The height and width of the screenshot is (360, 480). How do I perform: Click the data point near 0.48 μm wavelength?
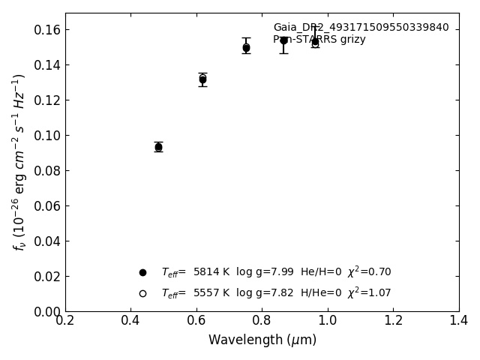click(x=158, y=147)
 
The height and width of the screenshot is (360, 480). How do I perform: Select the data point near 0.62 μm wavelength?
click(x=202, y=79)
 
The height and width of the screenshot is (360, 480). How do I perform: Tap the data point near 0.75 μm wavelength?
click(x=246, y=47)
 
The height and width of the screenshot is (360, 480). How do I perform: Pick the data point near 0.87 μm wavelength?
click(x=283, y=40)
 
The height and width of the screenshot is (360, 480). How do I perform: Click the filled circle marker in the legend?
click(x=142, y=272)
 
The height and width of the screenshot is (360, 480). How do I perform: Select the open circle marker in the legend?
click(x=142, y=293)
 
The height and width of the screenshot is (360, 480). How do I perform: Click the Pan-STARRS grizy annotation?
click(x=319, y=40)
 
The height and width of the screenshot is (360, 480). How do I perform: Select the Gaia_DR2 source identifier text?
click(x=361, y=28)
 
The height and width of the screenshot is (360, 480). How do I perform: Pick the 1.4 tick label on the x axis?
click(x=459, y=321)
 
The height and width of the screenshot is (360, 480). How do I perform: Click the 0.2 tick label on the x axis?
click(x=65, y=321)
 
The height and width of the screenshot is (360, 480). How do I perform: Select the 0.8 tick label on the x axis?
click(x=262, y=321)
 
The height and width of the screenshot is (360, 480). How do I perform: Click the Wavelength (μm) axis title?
click(x=262, y=340)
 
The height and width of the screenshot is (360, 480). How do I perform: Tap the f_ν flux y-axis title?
click(x=19, y=162)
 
